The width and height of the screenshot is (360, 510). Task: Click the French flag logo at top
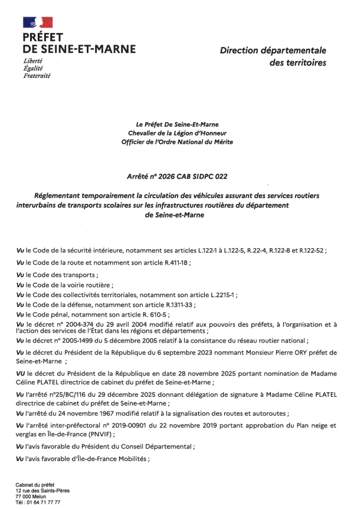37,22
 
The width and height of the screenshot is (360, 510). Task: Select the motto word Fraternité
37,76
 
